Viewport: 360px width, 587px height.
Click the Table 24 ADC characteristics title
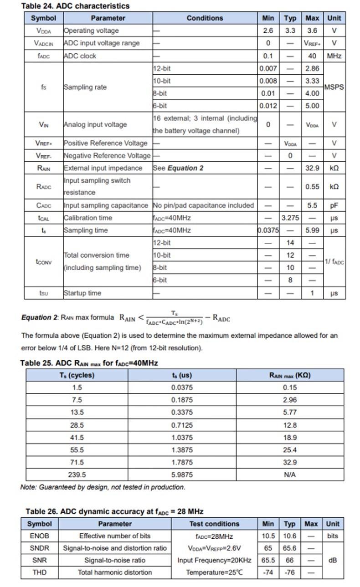pyautogui.click(x=75, y=6)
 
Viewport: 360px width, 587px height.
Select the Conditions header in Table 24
pyautogui.click(x=205, y=18)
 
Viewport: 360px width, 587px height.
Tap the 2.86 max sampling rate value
pyautogui.click(x=312, y=68)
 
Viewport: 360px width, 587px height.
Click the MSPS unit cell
pyautogui.click(x=334, y=87)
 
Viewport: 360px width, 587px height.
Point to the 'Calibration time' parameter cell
pyautogui.click(x=88, y=218)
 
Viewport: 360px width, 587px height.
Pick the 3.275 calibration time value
pyautogui.click(x=290, y=218)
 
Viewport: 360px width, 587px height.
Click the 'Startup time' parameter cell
pyautogui.click(x=82, y=293)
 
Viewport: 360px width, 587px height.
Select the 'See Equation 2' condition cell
pyautogui.click(x=178, y=168)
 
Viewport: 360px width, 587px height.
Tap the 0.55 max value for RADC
pyautogui.click(x=312, y=187)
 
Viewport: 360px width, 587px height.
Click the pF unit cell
pyautogui.click(x=334, y=205)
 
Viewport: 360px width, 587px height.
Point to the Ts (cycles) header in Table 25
pyautogui.click(x=77, y=375)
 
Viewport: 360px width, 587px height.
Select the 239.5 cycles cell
pyautogui.click(x=77, y=475)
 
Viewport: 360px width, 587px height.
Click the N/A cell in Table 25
pyautogui.click(x=290, y=475)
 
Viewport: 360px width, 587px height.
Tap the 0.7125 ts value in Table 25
pyautogui.click(x=182, y=425)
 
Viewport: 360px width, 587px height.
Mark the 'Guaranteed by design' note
pyautogui.click(x=103, y=487)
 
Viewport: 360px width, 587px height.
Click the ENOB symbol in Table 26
pyautogui.click(x=40, y=536)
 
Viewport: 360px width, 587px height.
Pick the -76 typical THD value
pyautogui.click(x=290, y=572)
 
